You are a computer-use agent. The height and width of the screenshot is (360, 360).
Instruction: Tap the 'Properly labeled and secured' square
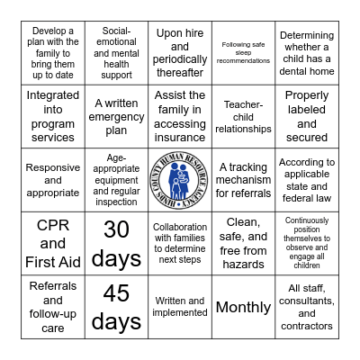[x=307, y=117]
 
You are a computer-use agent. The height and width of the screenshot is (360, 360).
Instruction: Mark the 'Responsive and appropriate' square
[x=52, y=180]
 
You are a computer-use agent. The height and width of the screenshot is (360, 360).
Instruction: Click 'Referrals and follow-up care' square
[x=52, y=307]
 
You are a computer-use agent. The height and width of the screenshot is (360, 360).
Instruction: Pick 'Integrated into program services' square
[x=52, y=117]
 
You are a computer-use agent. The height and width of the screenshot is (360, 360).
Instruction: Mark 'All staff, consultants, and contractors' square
[x=307, y=307]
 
